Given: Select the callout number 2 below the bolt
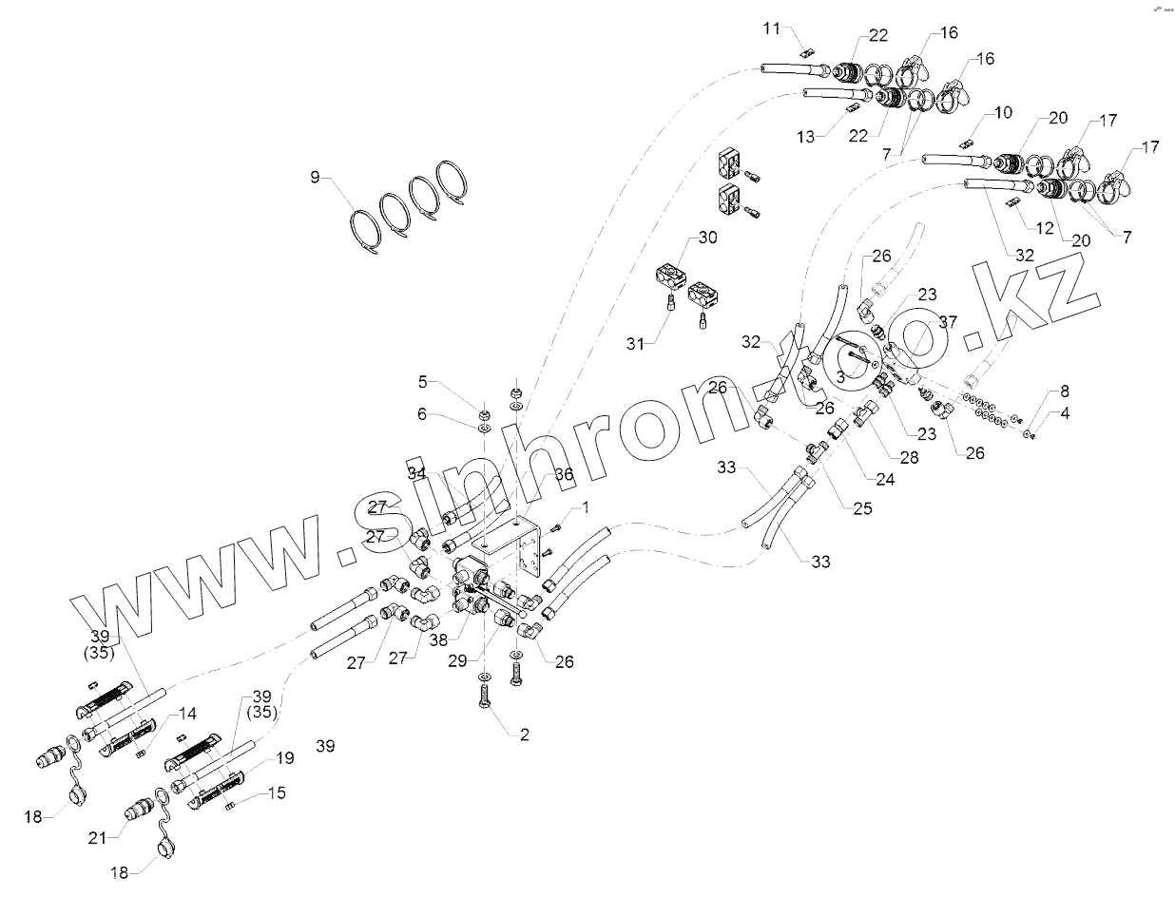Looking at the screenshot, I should [525, 735].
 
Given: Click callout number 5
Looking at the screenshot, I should [423, 383].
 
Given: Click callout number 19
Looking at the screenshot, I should [285, 758].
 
